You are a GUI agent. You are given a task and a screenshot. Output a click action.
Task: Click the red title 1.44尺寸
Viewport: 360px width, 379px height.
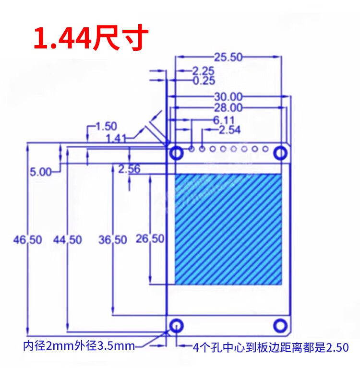tap(91, 37)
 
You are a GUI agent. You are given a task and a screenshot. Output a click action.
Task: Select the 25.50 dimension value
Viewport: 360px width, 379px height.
tap(228, 57)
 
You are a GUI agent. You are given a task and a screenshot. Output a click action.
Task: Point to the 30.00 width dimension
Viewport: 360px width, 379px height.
tap(228, 97)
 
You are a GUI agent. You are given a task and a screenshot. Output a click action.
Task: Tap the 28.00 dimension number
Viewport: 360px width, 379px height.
tap(228, 107)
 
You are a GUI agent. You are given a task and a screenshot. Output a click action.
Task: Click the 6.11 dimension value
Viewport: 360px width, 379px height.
tap(224, 120)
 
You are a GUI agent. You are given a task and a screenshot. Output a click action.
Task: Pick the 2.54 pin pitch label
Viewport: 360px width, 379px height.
tap(230, 130)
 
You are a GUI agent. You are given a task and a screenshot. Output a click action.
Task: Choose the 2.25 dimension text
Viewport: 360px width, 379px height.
tap(204, 71)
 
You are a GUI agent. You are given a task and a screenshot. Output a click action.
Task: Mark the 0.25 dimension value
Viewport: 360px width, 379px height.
tap(204, 81)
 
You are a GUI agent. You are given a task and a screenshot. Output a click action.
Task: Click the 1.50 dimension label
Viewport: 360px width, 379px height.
tap(107, 126)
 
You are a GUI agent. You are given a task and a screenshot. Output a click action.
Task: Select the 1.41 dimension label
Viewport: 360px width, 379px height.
tap(116, 139)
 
